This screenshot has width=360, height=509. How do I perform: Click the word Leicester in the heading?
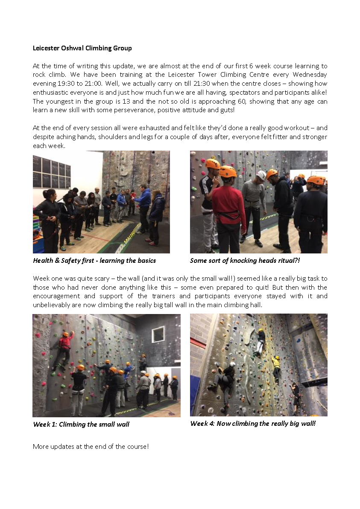(x=47, y=48)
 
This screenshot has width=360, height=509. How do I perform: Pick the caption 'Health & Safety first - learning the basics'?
(x=94, y=260)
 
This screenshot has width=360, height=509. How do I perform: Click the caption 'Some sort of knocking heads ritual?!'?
(x=245, y=260)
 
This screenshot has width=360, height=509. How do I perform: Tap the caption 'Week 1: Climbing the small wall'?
(x=81, y=424)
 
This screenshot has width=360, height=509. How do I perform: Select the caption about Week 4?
(x=253, y=423)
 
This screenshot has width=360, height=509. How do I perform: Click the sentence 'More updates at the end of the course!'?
(x=91, y=446)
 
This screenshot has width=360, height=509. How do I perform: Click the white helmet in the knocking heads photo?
(x=261, y=175)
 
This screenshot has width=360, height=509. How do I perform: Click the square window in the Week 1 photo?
(x=158, y=334)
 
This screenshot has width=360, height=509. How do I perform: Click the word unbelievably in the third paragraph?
(x=53, y=305)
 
